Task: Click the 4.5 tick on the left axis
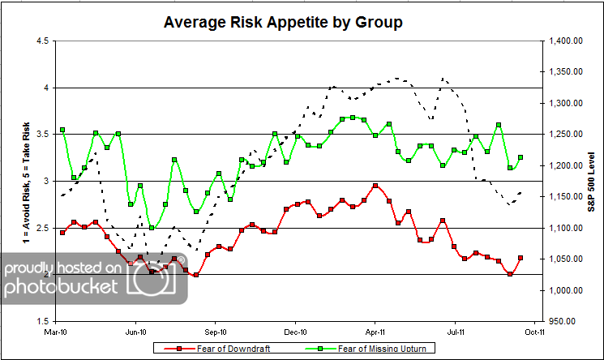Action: (x=41, y=41)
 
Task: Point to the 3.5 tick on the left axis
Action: (x=41, y=134)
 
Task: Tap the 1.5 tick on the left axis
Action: (x=41, y=321)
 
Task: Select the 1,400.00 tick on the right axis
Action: (x=565, y=41)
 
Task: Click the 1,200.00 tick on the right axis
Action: (x=565, y=165)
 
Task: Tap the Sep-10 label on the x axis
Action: (x=216, y=332)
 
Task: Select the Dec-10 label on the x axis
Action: (x=296, y=332)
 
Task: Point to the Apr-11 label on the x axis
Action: (x=375, y=332)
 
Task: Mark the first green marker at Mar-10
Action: (x=62, y=130)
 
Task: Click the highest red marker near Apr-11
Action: (x=375, y=186)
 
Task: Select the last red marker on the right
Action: (x=520, y=258)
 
